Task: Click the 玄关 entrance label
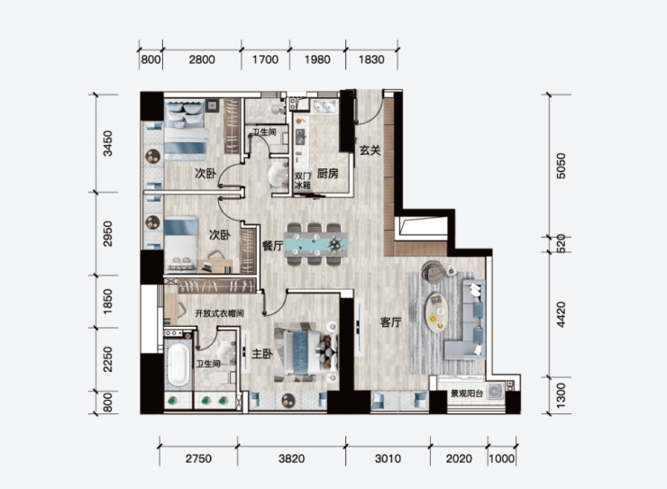click(x=370, y=150)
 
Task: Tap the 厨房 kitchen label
click(x=327, y=173)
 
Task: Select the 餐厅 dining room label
click(x=273, y=246)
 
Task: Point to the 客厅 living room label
click(x=390, y=322)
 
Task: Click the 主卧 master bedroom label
click(x=262, y=354)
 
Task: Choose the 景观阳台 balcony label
click(x=467, y=394)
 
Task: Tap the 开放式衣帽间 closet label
click(x=219, y=313)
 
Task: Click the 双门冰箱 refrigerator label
click(x=303, y=180)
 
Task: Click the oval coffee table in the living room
click(x=437, y=312)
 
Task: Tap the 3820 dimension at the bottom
click(x=291, y=459)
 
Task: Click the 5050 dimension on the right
click(x=561, y=166)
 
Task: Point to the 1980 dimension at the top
click(x=317, y=59)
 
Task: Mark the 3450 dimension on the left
click(x=108, y=143)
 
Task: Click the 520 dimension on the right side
click(x=561, y=244)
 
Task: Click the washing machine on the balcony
click(x=495, y=391)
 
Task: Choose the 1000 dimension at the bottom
click(x=501, y=459)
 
